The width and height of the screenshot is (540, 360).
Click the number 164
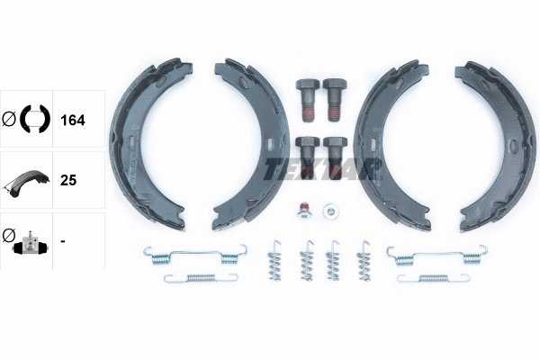point(71,118)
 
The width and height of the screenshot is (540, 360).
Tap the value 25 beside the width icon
point(67,179)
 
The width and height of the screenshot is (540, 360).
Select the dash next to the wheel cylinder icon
point(62,240)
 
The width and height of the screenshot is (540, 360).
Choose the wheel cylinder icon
point(27,241)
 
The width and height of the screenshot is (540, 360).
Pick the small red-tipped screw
point(304,211)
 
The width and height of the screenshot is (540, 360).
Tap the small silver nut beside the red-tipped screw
point(331,212)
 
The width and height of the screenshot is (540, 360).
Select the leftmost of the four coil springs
point(275,260)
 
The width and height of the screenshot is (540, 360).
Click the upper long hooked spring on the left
point(193,255)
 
